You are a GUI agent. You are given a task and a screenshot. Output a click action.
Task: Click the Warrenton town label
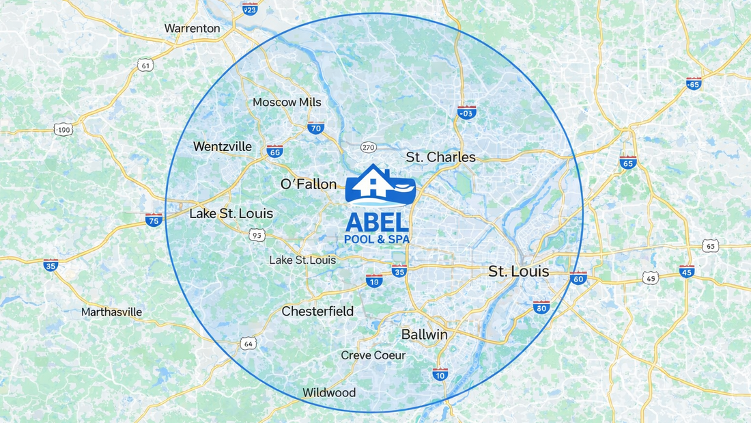tap(192, 29)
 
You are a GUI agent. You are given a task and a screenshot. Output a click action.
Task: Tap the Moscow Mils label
tap(287, 103)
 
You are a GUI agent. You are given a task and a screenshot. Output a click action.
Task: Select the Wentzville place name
tap(223, 147)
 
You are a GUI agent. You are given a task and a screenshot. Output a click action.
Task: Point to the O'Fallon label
tap(309, 185)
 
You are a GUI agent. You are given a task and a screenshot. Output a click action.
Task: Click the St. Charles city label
tap(440, 157)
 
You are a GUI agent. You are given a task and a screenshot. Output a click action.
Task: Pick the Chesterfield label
tap(317, 312)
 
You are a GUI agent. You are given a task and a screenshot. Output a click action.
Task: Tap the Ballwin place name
tap(424, 335)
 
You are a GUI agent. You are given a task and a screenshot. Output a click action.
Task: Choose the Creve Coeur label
tap(373, 355)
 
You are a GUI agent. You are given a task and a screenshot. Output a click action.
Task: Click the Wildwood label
tap(329, 393)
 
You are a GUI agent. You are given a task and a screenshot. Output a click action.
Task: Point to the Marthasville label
tap(111, 312)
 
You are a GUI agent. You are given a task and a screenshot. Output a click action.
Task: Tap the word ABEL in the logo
tap(377, 221)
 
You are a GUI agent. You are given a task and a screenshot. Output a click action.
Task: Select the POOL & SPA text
tap(377, 239)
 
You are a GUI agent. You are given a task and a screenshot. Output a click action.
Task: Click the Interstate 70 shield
tap(315, 128)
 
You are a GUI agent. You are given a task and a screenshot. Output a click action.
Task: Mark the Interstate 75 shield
tap(154, 220)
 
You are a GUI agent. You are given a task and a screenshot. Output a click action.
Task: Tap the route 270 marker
tap(368, 148)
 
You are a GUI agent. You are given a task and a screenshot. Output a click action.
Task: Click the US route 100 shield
tap(63, 129)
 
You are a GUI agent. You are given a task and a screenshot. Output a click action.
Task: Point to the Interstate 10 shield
tap(440, 374)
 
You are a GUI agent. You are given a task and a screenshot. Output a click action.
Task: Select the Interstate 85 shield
tap(694, 83)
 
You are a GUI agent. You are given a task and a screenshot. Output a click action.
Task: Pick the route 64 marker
tap(249, 344)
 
